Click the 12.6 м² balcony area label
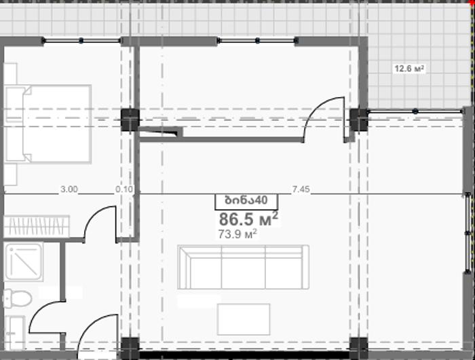coord(409,69)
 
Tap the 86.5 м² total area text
coord(248,219)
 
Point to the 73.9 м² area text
coord(237,234)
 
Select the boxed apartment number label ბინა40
coord(246,201)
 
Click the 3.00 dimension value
coord(69,190)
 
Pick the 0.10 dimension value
coord(124,190)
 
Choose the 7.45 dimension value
coord(301,190)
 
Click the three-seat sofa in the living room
coord(243,267)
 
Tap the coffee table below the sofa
coord(244,319)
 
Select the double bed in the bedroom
coord(48,124)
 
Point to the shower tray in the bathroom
coord(23,262)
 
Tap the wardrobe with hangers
coord(37,226)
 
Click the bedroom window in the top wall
coord(81,40)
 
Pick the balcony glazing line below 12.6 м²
coord(415,111)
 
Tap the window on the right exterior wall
coord(468,233)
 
